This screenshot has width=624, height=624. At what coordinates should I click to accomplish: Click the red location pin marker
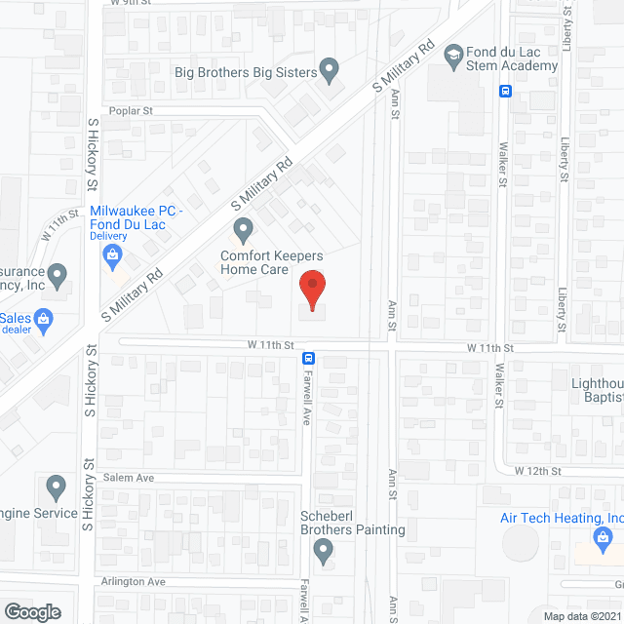click(x=311, y=289)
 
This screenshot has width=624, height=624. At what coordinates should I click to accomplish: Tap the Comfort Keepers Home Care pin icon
click(x=243, y=231)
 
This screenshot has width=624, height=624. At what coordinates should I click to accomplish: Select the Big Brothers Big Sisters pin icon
click(x=330, y=70)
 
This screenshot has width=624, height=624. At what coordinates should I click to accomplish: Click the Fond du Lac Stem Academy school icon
click(x=453, y=56)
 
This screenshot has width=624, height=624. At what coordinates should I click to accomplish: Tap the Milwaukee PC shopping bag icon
click(x=113, y=255)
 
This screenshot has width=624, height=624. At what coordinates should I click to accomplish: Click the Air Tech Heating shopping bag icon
click(x=603, y=537)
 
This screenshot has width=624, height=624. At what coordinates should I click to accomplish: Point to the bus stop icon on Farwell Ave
click(x=307, y=357)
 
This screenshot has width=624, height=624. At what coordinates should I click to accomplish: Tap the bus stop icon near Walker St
click(x=505, y=92)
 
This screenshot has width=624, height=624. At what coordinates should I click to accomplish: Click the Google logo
click(x=32, y=611)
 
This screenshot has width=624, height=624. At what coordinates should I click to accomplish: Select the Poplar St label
click(x=132, y=111)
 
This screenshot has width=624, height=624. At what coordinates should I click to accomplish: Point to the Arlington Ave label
click(x=133, y=581)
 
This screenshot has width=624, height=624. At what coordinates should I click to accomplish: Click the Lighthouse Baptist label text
click(x=597, y=391)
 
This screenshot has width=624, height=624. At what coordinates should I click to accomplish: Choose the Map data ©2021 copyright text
click(x=581, y=616)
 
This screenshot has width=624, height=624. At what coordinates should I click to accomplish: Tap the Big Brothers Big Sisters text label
click(x=246, y=72)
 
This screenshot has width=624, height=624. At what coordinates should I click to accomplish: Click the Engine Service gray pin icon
click(x=56, y=487)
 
